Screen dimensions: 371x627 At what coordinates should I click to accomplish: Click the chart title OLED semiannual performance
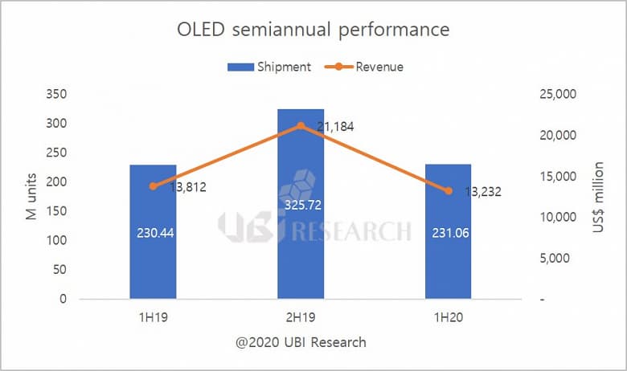[x=313, y=31]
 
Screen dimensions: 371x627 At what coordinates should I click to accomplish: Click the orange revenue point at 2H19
[x=301, y=125]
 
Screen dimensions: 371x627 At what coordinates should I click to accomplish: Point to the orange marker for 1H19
[x=153, y=186]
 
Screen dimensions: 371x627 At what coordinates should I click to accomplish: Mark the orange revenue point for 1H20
[x=449, y=191]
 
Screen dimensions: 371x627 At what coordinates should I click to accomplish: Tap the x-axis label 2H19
[x=301, y=317]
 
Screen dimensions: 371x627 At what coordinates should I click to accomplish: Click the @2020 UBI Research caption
[x=301, y=342]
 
